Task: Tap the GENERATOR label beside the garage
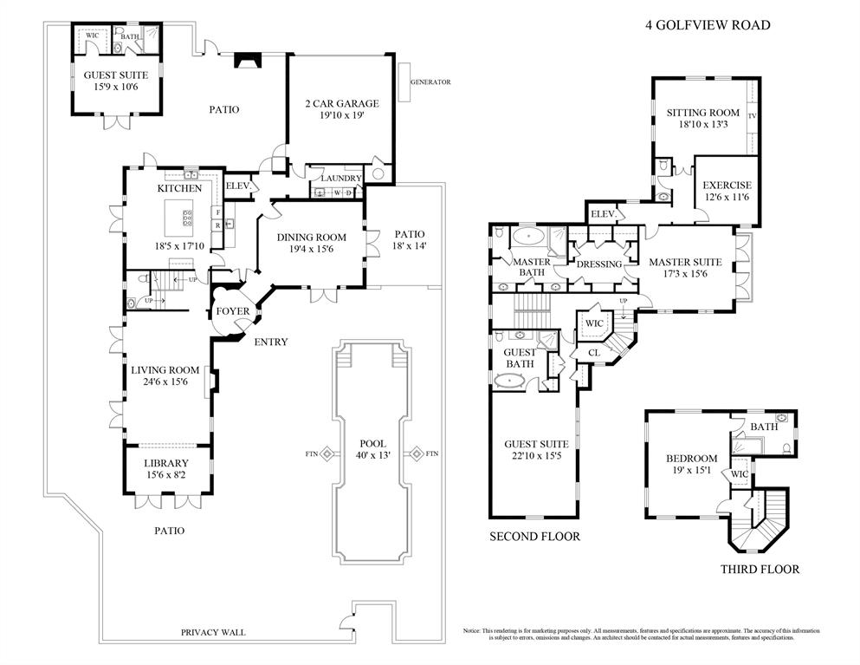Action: pyautogui.click(x=430, y=82)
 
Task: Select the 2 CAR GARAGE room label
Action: pyautogui.click(x=341, y=104)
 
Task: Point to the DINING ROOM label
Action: pyautogui.click(x=311, y=238)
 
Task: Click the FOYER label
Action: pyautogui.click(x=233, y=311)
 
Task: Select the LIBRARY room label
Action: pyautogui.click(x=166, y=463)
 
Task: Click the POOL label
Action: pyautogui.click(x=372, y=443)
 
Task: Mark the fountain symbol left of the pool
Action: pyautogui.click(x=327, y=453)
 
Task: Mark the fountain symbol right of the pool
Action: pyautogui.click(x=416, y=453)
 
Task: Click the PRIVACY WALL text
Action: pyautogui.click(x=213, y=632)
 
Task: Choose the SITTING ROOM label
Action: pyautogui.click(x=702, y=113)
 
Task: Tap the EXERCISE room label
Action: pyautogui.click(x=727, y=186)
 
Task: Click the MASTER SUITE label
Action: pyautogui.click(x=685, y=262)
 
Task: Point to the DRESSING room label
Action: pyautogui.click(x=598, y=264)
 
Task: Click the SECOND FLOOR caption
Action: pyautogui.click(x=534, y=537)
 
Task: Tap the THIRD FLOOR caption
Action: pyautogui.click(x=760, y=570)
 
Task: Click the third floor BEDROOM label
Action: pyautogui.click(x=691, y=459)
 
